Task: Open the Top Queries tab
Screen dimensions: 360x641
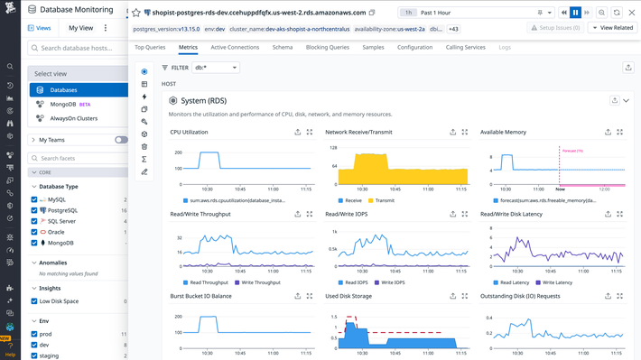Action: click(x=150, y=46)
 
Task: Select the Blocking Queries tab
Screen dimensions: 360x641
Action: click(x=326, y=46)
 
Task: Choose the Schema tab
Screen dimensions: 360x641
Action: click(x=283, y=46)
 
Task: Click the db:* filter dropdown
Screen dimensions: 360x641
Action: click(x=217, y=67)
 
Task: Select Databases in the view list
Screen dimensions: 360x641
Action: click(x=63, y=90)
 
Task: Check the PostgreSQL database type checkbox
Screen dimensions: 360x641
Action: click(x=34, y=210)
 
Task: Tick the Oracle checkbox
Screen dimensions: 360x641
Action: click(x=34, y=232)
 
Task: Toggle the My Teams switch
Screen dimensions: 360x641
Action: click(x=121, y=140)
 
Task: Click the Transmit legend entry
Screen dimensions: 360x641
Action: click(x=385, y=201)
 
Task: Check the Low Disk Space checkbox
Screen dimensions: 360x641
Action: click(x=34, y=301)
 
